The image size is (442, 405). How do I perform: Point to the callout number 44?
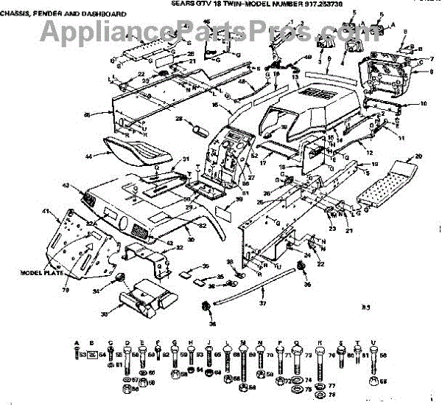tap(88, 156)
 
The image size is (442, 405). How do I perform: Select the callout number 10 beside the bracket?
tap(424, 104)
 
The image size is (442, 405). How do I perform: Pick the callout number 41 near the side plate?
tap(45, 212)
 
